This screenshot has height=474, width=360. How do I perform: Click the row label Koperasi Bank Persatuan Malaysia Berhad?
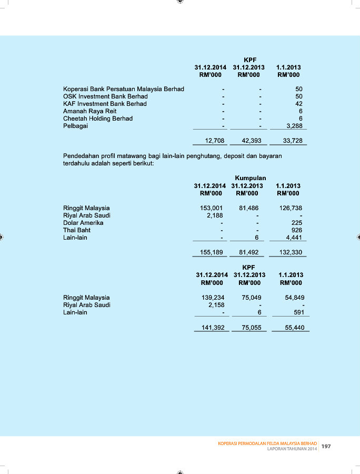point(123,89)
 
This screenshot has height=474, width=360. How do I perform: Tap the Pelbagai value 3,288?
point(294,126)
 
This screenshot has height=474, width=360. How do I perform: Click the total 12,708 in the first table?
point(214,141)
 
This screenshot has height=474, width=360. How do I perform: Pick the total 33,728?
point(293,141)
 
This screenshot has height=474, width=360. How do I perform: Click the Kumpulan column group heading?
point(250,178)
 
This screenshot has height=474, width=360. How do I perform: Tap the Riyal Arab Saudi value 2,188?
point(215,215)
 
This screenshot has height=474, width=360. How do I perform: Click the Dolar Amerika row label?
point(83,223)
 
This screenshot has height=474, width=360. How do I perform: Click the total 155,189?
point(212,252)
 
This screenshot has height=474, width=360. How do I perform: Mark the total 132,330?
point(291,252)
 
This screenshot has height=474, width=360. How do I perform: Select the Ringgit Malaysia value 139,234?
point(213,298)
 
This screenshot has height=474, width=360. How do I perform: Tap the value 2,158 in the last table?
point(216,305)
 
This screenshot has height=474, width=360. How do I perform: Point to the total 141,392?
point(213,327)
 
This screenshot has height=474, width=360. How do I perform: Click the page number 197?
point(326,446)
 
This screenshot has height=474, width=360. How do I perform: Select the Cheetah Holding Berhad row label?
point(97,118)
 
